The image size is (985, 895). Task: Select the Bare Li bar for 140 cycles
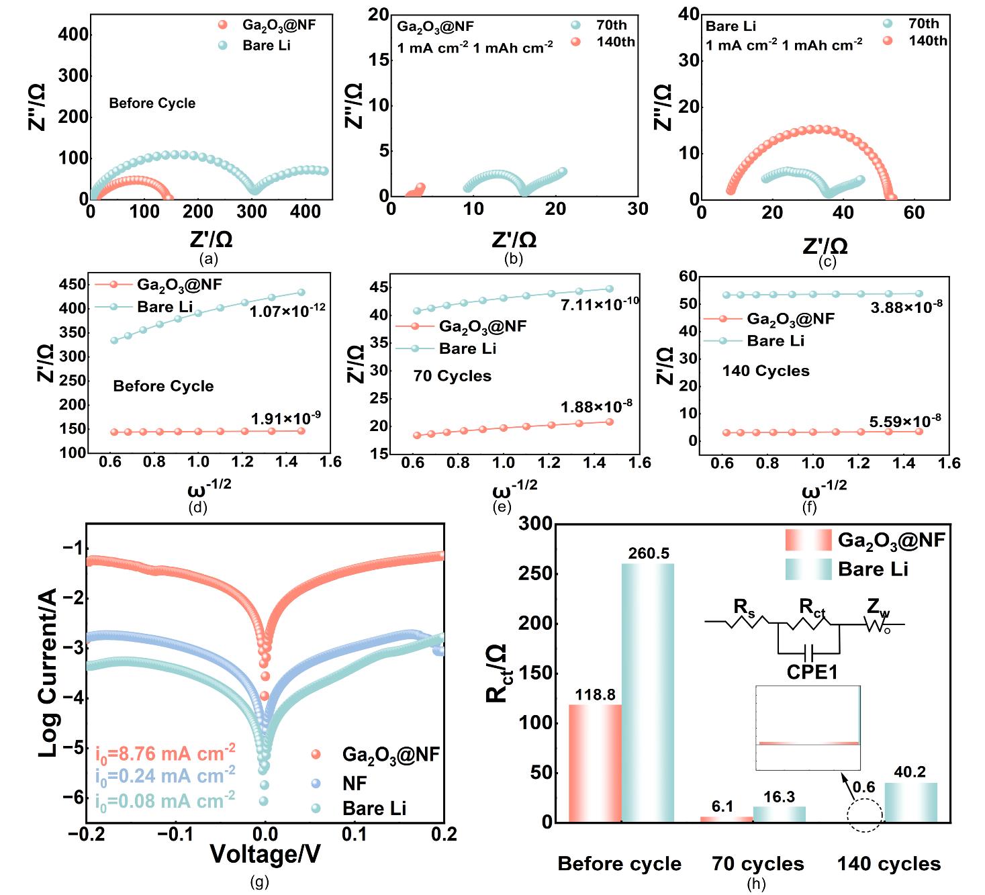point(910,802)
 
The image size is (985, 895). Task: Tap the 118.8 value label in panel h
point(595,695)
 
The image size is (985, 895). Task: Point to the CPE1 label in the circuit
point(812,671)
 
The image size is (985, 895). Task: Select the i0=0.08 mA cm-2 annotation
point(165,801)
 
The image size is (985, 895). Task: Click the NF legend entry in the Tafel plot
point(355,784)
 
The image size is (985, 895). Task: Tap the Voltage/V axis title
point(265,854)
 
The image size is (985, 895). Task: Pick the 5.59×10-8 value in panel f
point(905,422)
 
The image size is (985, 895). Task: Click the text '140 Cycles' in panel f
point(765,371)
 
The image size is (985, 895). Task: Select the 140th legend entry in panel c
point(927,41)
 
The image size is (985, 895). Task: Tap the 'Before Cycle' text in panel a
point(152,103)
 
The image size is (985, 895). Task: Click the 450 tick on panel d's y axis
point(73,285)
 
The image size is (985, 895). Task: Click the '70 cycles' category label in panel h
point(758,864)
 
